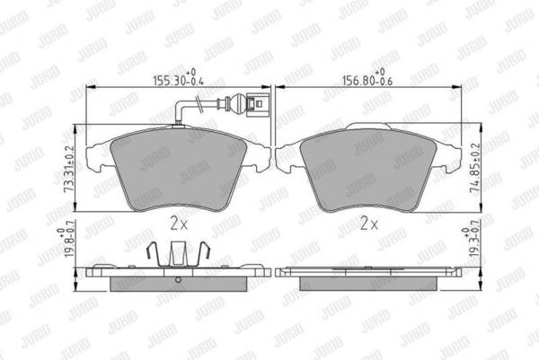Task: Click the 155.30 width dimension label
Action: pos(179,77)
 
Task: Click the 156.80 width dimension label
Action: pos(367,77)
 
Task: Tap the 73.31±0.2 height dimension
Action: pos(69,169)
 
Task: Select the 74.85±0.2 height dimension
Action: pos(474,168)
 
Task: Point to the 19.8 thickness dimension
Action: pos(66,242)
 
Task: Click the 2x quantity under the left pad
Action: pos(179,224)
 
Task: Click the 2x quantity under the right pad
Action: pos(369,224)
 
